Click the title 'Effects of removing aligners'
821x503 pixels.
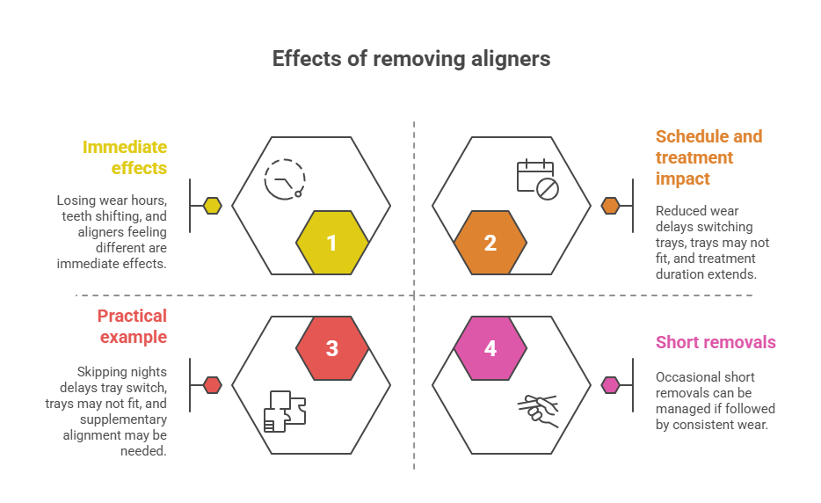pyautogui.click(x=410, y=59)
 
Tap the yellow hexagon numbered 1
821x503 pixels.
pyautogui.click(x=332, y=244)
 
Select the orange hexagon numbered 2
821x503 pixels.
pyautogui.click(x=490, y=244)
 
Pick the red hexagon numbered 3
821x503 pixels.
pyautogui.click(x=332, y=348)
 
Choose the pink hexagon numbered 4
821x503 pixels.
pyautogui.click(x=490, y=348)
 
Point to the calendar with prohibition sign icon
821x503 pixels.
pyautogui.click(x=537, y=179)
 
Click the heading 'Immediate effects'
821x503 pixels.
pyautogui.click(x=124, y=157)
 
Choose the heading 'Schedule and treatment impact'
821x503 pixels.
pyautogui.click(x=708, y=157)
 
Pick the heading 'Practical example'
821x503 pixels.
pyautogui.click(x=131, y=326)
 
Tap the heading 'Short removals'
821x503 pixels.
pyautogui.click(x=716, y=342)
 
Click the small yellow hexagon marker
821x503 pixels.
pyautogui.click(x=212, y=206)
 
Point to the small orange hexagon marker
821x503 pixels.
pyautogui.click(x=610, y=206)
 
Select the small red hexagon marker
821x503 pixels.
pyautogui.click(x=212, y=384)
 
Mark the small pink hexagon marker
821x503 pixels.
pyautogui.click(x=610, y=384)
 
